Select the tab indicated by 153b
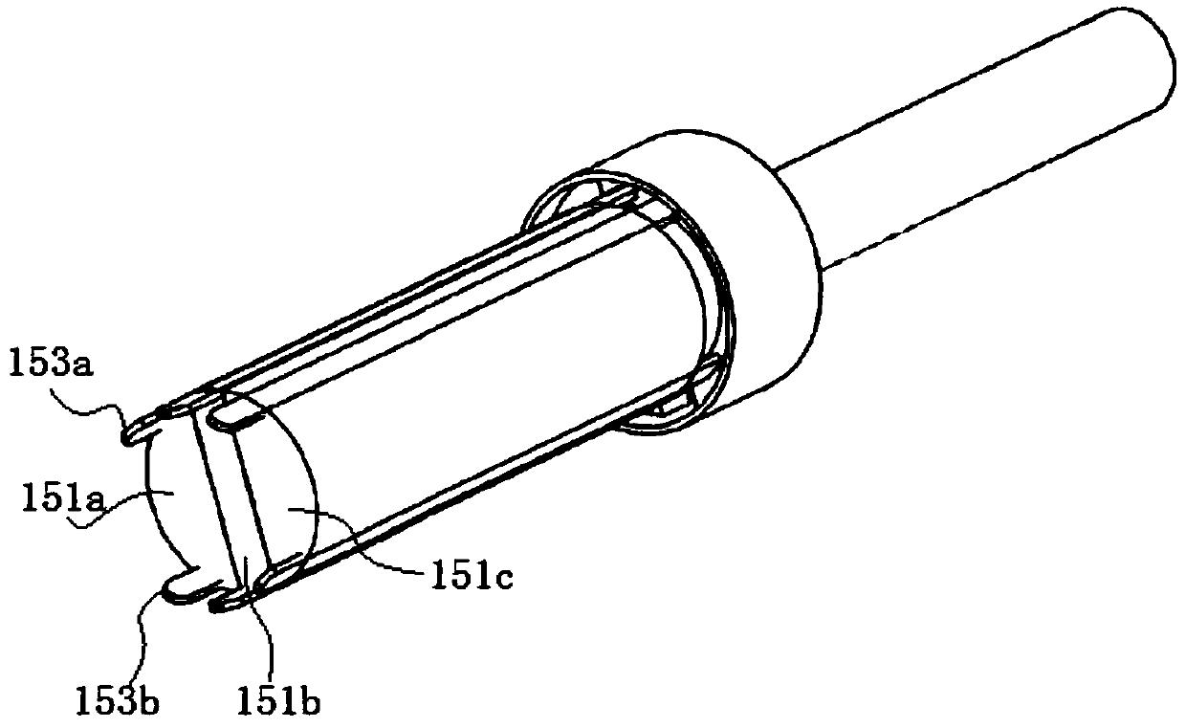(187, 586)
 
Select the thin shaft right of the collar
(956, 143)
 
